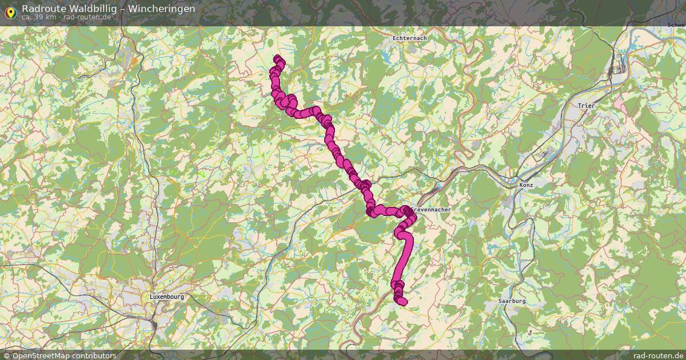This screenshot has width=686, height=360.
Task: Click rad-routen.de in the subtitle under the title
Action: (x=86, y=17)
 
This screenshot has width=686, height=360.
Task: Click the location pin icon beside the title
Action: (x=10, y=11)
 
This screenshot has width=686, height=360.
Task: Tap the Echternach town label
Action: (x=409, y=38)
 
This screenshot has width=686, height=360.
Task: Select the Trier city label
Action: (x=587, y=106)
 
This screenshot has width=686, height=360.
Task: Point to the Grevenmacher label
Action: (x=432, y=210)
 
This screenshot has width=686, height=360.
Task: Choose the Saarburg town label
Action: (x=512, y=301)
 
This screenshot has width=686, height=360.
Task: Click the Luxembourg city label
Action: (x=166, y=297)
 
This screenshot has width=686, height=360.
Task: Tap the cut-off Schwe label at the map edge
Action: (x=676, y=26)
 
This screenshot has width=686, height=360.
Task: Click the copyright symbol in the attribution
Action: (x=6, y=355)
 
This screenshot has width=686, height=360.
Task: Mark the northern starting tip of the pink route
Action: (x=279, y=59)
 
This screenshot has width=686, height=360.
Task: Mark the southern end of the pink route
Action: (x=402, y=301)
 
